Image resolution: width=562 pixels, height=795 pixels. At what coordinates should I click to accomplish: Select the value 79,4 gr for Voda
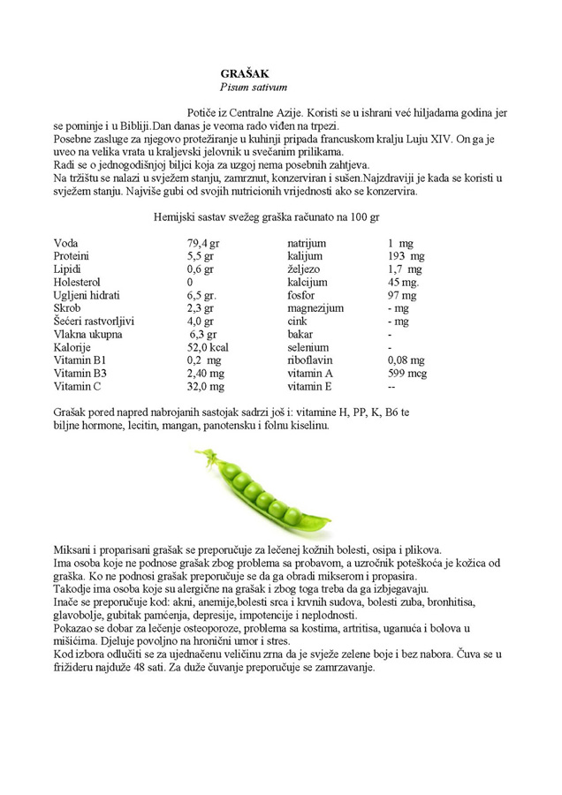(x=203, y=243)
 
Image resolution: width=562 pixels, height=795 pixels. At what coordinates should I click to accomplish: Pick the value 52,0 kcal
(x=208, y=347)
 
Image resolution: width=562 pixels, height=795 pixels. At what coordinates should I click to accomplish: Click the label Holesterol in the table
(x=80, y=282)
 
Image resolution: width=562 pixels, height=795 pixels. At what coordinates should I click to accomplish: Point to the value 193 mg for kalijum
(x=406, y=256)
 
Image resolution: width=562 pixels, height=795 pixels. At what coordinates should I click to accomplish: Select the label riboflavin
(x=310, y=360)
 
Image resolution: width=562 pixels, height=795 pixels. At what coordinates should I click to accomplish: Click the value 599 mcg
(x=406, y=374)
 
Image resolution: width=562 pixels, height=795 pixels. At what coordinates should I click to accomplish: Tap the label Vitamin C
(x=78, y=386)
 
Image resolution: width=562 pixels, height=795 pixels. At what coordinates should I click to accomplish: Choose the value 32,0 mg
(x=205, y=386)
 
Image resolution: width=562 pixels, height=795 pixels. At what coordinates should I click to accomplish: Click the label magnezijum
(x=315, y=308)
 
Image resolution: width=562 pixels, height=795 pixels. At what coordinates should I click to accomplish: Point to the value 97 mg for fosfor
(x=403, y=295)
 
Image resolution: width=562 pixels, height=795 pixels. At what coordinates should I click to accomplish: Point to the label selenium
(x=308, y=347)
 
